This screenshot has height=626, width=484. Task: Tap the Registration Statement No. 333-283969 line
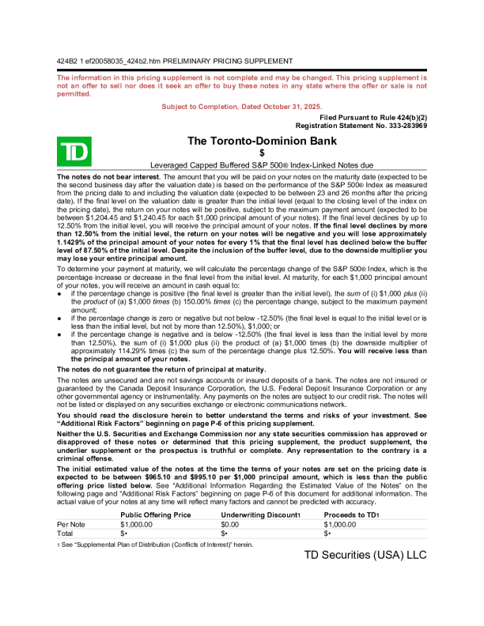pos(361,125)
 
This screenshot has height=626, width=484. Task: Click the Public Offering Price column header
pos(155,515)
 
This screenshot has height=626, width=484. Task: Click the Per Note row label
pos(72,524)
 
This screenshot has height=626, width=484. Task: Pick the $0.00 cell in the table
pos(230,524)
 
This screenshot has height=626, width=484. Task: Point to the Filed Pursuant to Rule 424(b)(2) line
pos(374,117)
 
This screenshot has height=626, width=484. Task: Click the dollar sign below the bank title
pos(261,153)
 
